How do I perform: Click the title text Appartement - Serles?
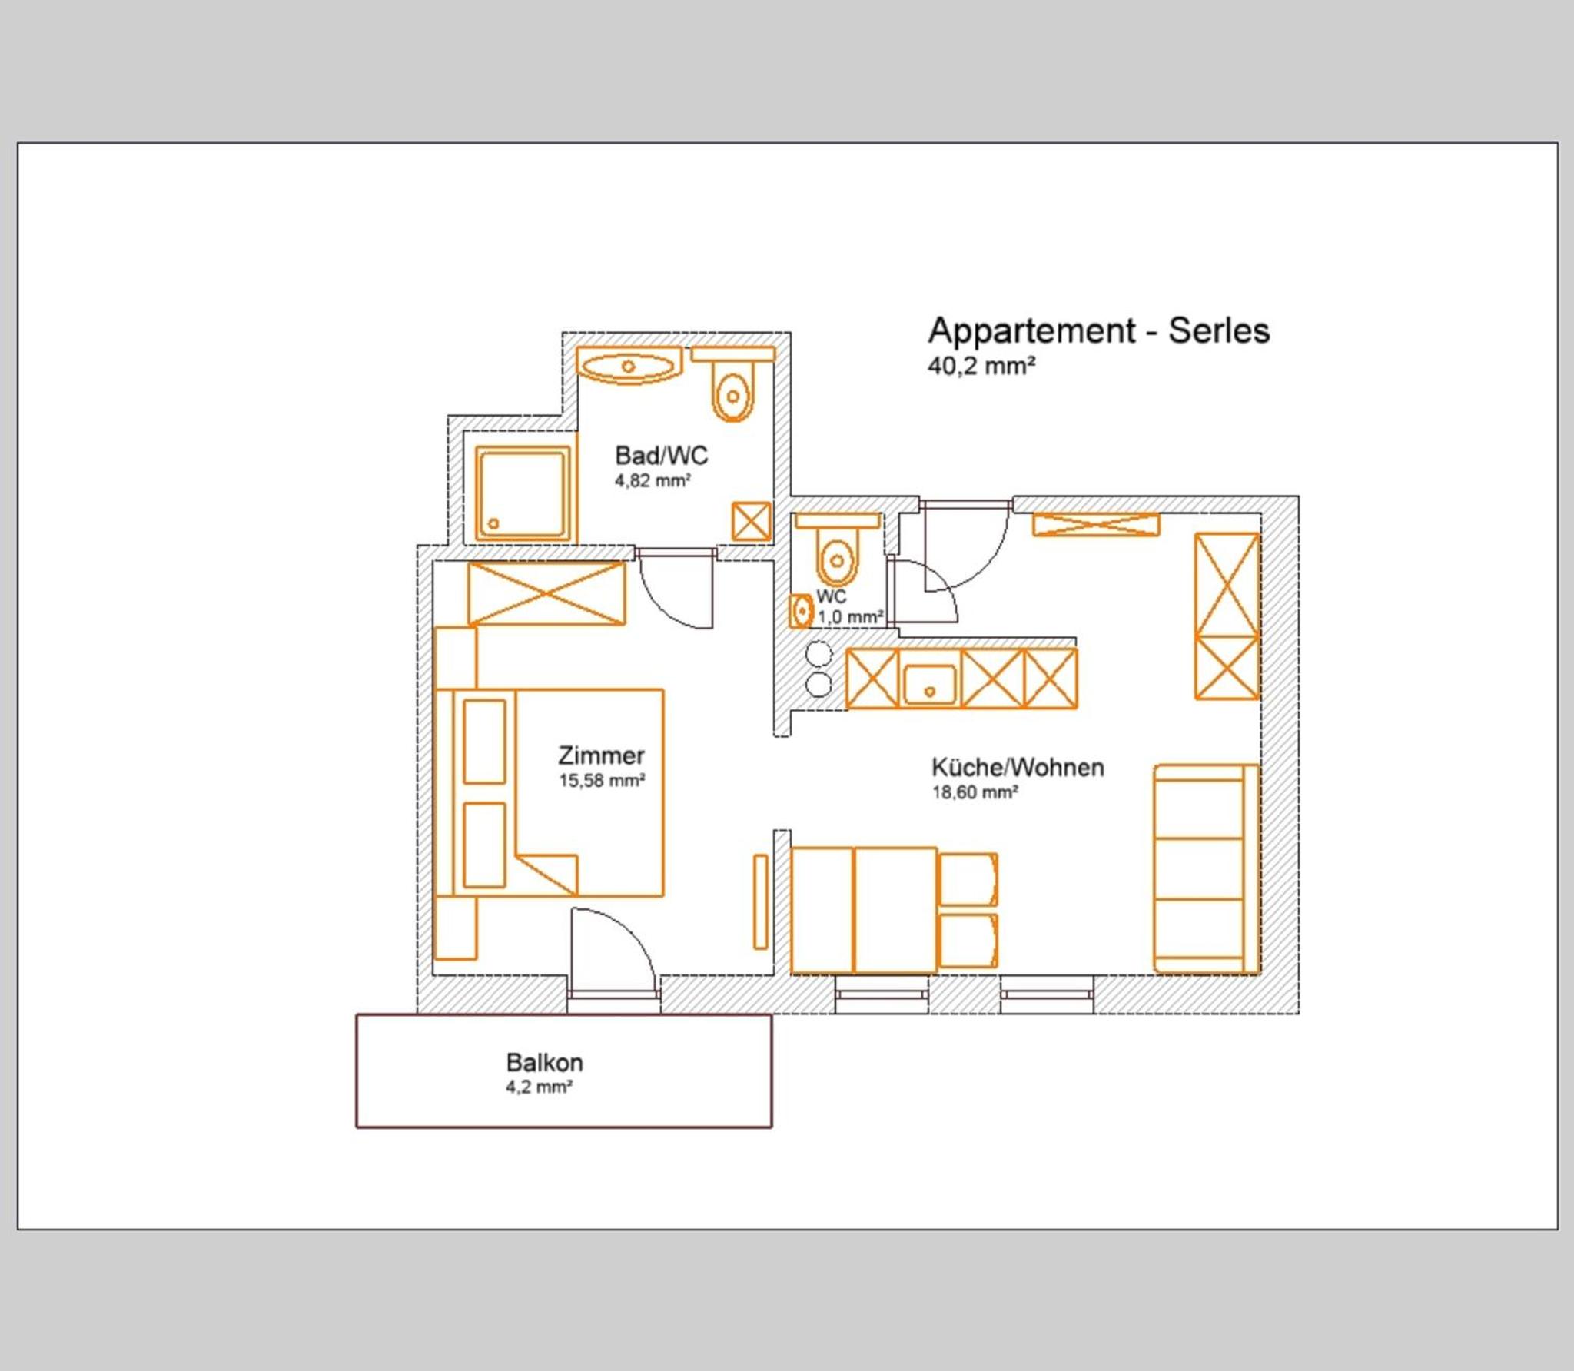[1098, 331]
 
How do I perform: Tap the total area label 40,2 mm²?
[981, 366]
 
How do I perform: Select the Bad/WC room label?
[661, 456]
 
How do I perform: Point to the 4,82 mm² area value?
[653, 481]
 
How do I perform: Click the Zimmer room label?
[601, 755]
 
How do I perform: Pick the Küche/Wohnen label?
[1018, 767]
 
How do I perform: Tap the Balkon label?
[544, 1063]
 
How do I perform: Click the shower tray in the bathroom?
[523, 493]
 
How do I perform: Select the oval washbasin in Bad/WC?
[629, 366]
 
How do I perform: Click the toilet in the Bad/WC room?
[732, 384]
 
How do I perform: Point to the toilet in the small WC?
[837, 550]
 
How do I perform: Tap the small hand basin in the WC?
[801, 612]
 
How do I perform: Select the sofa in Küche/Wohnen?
[1206, 869]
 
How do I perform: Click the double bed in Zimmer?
[549, 793]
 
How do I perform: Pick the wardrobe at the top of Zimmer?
[546, 593]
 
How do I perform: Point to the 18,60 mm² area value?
[975, 792]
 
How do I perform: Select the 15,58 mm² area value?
[602, 781]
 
